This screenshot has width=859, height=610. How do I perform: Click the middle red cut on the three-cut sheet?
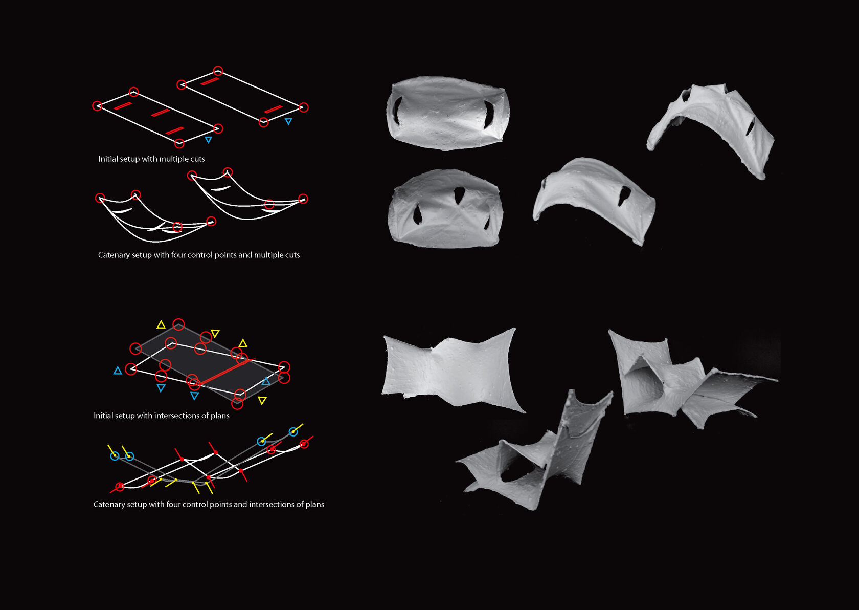coord(161,113)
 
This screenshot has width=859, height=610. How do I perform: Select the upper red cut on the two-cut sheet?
coord(210,81)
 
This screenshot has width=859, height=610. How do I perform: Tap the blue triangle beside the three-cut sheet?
coord(208,140)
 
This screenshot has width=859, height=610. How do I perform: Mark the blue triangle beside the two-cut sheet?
coord(288,121)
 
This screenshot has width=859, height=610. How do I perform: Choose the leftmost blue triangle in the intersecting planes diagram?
coord(118,371)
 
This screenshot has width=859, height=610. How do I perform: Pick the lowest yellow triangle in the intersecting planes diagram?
coord(262,400)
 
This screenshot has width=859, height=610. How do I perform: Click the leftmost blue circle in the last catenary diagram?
coord(115,456)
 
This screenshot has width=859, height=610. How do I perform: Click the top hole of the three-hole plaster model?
coord(459,195)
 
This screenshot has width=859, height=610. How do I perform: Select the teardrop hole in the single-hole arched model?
coord(624,195)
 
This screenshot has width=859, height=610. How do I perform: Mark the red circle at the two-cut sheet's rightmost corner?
coord(303,107)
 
